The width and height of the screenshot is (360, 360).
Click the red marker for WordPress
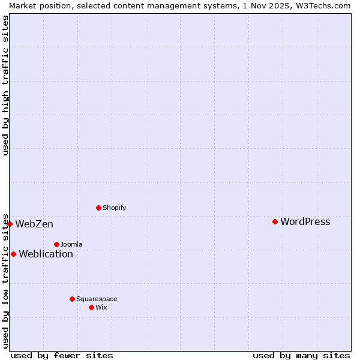point(275,221)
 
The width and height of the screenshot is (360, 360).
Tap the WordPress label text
point(305,221)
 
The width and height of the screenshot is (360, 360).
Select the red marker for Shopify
point(98,208)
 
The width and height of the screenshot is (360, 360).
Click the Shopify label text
point(114,208)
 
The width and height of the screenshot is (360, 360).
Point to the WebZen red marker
point(10,224)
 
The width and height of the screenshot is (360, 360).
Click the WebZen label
point(34,224)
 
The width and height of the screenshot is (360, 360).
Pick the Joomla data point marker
point(56,244)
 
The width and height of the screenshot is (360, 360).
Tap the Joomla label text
point(71,244)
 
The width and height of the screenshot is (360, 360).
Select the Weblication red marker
point(13,254)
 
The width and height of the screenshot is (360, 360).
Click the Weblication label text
point(46,254)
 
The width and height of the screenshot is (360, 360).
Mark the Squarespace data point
point(72,299)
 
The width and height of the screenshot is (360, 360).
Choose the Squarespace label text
point(97,299)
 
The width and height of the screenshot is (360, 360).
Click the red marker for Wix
point(91,307)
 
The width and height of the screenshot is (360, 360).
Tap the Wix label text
point(101,307)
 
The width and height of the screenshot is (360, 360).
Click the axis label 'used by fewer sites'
point(62,355)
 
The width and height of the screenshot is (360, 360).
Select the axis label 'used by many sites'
point(301,355)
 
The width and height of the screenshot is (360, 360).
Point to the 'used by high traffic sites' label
point(6,85)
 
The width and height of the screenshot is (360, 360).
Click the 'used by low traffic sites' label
point(6,280)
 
